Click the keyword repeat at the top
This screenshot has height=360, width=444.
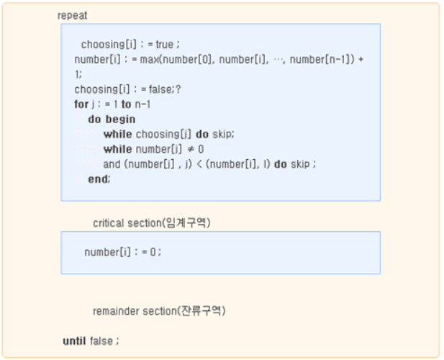[x=72, y=15]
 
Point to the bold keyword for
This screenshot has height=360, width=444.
[x=80, y=104]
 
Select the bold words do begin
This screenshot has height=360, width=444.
[x=112, y=120]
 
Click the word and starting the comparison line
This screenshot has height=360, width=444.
[x=112, y=164]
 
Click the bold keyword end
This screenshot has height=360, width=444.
[x=99, y=179]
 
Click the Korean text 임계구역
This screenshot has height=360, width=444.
[x=191, y=223]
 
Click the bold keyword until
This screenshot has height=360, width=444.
[x=74, y=341]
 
